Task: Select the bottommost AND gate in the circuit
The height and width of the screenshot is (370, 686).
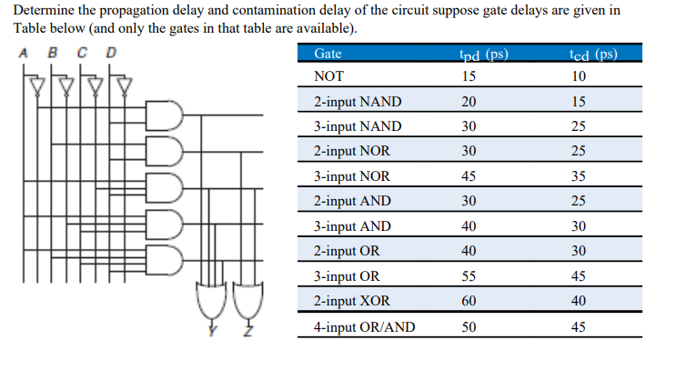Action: tap(170, 258)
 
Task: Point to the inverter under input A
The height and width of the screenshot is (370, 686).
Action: tap(36, 86)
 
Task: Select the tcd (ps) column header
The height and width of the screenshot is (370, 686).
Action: tap(590, 54)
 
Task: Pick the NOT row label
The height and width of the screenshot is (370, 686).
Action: tap(328, 76)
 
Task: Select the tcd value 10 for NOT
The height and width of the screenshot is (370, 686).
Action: tap(579, 76)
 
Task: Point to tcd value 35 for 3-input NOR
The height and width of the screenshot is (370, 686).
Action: tap(579, 176)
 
